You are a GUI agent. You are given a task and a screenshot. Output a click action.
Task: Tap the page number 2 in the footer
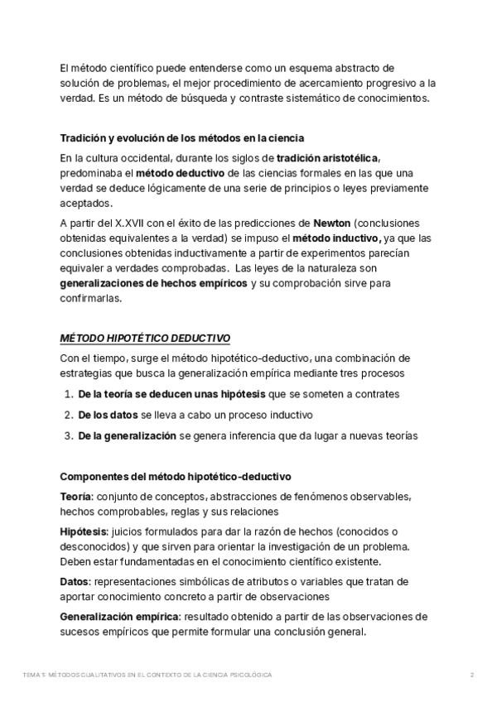click(x=471, y=675)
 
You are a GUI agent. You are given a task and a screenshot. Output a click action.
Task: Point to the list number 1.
click(x=68, y=395)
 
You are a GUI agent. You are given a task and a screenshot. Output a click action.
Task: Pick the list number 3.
click(x=68, y=435)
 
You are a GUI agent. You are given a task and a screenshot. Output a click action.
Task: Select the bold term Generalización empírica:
click(x=119, y=616)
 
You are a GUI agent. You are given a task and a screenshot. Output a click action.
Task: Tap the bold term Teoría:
click(x=76, y=496)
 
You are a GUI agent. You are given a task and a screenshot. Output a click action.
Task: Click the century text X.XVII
click(x=131, y=224)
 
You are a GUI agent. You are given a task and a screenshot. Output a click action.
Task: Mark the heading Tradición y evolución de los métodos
click(x=182, y=137)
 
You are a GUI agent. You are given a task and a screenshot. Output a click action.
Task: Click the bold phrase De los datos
click(x=108, y=415)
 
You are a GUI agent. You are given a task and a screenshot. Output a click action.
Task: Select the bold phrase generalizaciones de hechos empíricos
click(x=153, y=283)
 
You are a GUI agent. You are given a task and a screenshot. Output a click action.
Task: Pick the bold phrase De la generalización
click(x=127, y=435)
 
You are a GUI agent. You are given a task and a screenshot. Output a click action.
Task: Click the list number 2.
click(x=68, y=415)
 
